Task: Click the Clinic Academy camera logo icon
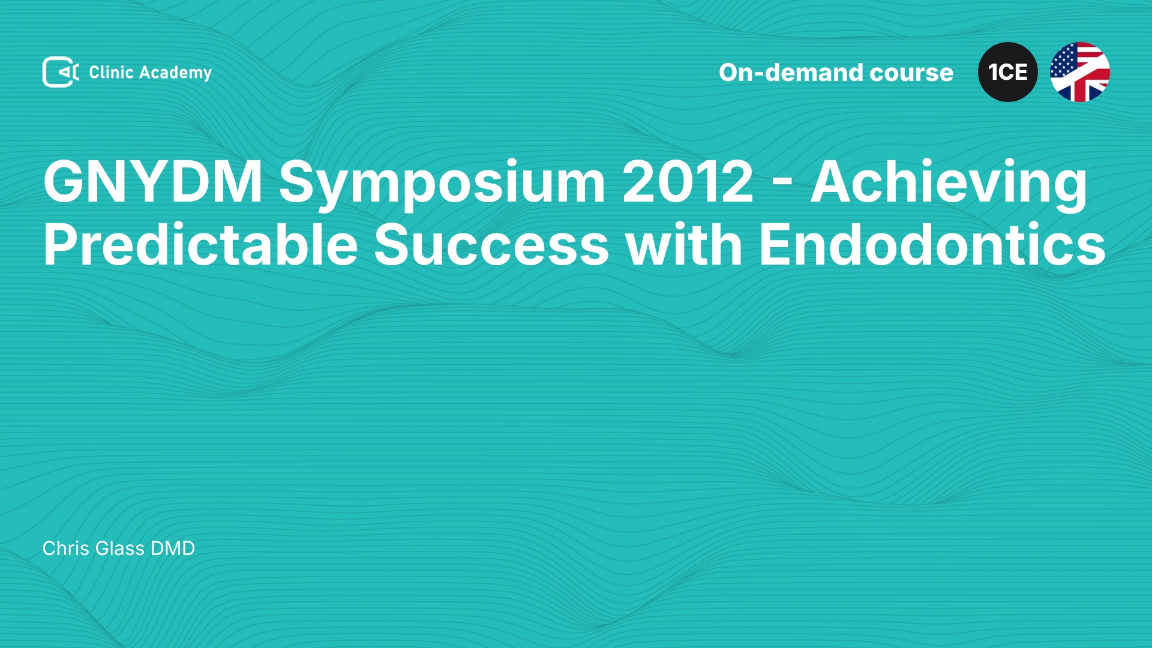[x=61, y=72]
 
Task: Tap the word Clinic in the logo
[x=111, y=72]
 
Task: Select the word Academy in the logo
[x=175, y=73]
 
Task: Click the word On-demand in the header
[x=791, y=73]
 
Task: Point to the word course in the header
[x=911, y=73]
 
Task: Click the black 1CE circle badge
[x=1008, y=72]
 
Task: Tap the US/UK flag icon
[x=1080, y=72]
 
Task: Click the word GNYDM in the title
[x=152, y=181]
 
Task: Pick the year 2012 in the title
[x=688, y=181]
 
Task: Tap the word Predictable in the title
[x=200, y=244]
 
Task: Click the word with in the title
[x=685, y=244]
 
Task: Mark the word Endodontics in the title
[x=932, y=244]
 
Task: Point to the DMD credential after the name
[x=173, y=548]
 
